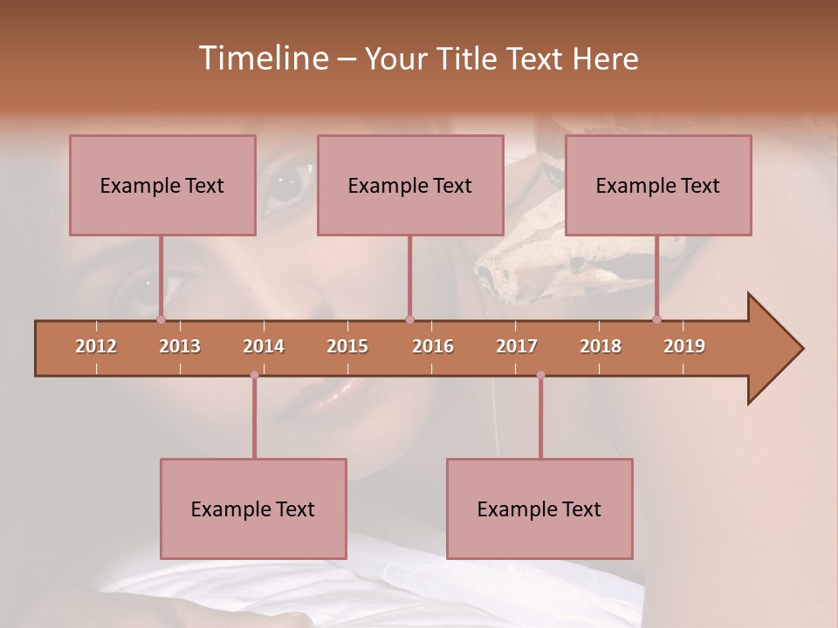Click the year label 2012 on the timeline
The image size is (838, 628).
coord(96,346)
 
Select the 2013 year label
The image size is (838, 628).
coord(180,346)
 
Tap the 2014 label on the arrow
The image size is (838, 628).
coord(264,346)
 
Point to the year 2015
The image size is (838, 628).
coord(347,346)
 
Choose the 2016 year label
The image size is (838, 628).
coord(433,346)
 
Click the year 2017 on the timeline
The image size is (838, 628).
coord(517,346)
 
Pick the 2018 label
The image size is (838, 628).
coord(601,346)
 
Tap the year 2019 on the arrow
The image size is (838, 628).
coord(684,346)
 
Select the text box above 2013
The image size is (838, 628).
coord(162,185)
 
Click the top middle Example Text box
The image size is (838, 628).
coord(410,185)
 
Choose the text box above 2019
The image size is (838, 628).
coord(658,185)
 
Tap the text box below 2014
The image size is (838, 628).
coord(253,509)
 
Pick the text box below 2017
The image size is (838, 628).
coord(539,509)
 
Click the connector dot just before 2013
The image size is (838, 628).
coord(161,320)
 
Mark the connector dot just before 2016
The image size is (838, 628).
coord(409,320)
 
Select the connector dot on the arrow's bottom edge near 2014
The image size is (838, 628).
coord(254,375)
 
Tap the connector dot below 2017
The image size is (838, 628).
coord(540,375)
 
